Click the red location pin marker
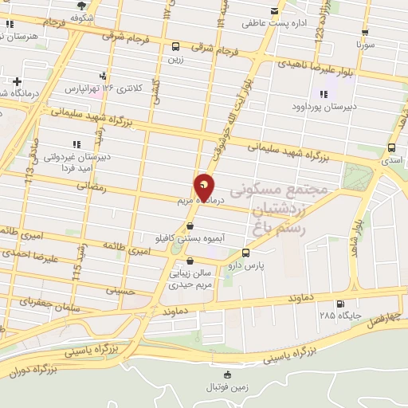pyautogui.click(x=205, y=186)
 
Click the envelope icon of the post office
pyautogui.click(x=275, y=11)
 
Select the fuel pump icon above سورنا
pyautogui.click(x=365, y=33)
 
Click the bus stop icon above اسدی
pyautogui.click(x=391, y=147)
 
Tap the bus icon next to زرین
pyautogui.click(x=175, y=46)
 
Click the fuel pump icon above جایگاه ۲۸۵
pyautogui.click(x=341, y=304)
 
